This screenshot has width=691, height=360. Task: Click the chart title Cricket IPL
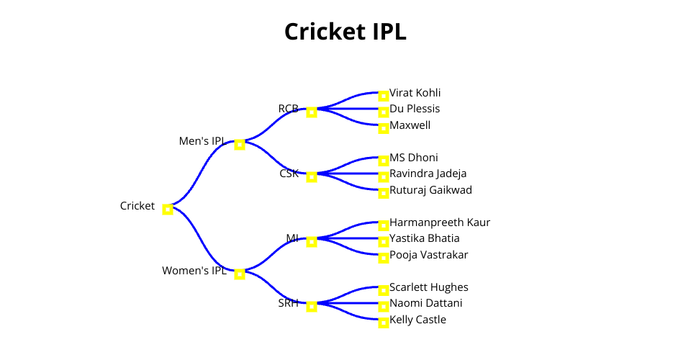click(x=345, y=32)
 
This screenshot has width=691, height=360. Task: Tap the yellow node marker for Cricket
click(x=168, y=210)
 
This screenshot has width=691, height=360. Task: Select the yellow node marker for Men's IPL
click(x=240, y=145)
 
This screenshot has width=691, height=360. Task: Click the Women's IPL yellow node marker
click(x=240, y=274)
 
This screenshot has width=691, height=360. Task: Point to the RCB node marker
click(x=312, y=112)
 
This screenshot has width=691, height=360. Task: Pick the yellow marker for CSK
click(x=312, y=177)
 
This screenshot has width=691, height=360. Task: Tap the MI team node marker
click(x=312, y=242)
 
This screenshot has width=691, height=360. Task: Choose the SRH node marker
click(x=312, y=307)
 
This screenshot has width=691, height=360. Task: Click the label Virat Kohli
click(x=415, y=93)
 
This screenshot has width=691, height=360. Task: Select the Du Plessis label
click(x=415, y=109)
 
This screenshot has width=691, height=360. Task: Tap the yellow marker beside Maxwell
click(x=384, y=129)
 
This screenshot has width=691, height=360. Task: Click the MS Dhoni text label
click(x=414, y=158)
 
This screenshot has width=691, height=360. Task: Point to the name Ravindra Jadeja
click(x=428, y=174)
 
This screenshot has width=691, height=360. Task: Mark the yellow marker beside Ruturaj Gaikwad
click(x=384, y=194)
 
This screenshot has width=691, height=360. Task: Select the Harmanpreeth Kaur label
click(x=440, y=222)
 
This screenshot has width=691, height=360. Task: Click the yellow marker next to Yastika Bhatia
click(x=384, y=242)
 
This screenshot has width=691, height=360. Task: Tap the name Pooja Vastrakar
click(x=429, y=255)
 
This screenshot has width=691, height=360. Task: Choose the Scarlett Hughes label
click(x=429, y=287)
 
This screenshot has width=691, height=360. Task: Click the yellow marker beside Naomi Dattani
click(x=384, y=307)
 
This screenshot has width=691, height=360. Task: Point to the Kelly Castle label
click(x=417, y=320)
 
